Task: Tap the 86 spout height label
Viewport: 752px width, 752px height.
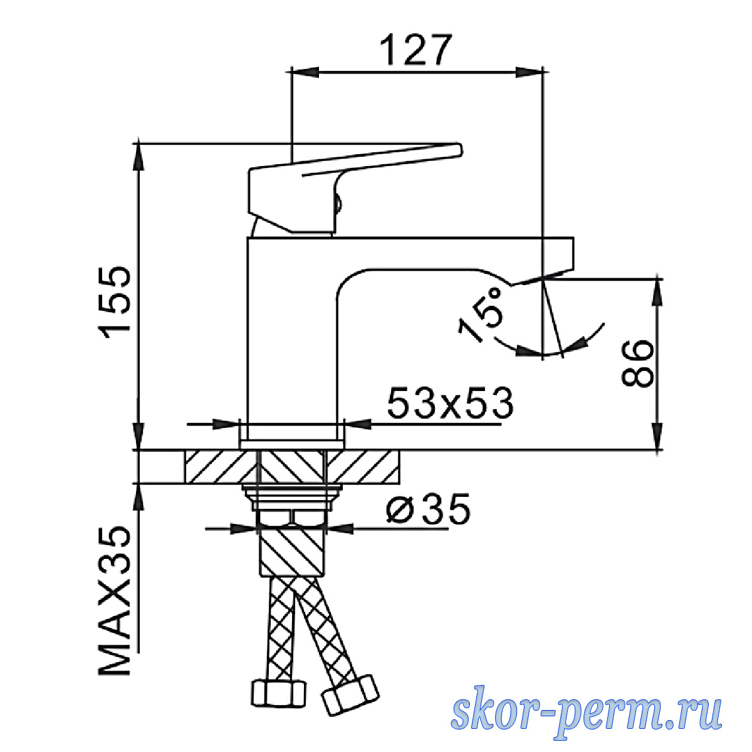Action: [x=637, y=364]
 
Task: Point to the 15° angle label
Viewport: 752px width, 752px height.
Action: [x=481, y=315]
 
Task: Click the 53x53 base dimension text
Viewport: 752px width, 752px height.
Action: [x=450, y=404]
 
